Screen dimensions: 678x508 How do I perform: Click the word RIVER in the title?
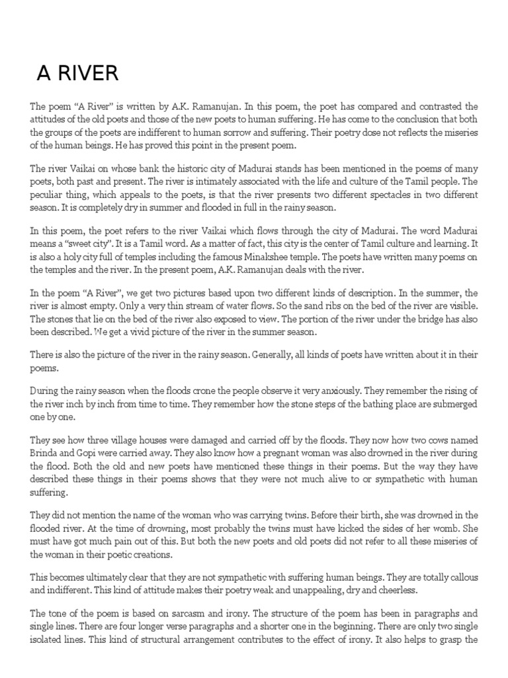click(x=93, y=73)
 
